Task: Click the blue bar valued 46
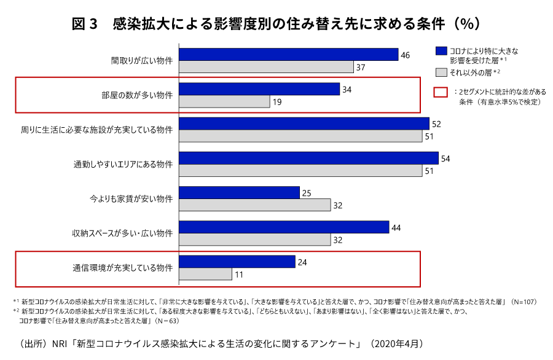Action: click(x=288, y=55)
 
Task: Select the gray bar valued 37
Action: click(x=266, y=67)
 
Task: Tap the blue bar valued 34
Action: click(x=259, y=89)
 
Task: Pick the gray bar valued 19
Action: click(x=224, y=101)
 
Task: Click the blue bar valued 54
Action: click(x=308, y=158)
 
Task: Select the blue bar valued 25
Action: click(x=239, y=193)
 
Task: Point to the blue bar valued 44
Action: click(x=284, y=227)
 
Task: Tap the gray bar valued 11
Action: click(x=205, y=274)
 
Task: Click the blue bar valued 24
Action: click(x=237, y=262)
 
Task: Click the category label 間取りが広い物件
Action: click(x=141, y=61)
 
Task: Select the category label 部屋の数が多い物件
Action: click(x=137, y=95)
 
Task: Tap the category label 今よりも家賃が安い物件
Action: click(x=131, y=199)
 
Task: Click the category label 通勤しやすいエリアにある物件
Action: click(x=123, y=165)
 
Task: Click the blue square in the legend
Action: click(x=440, y=50)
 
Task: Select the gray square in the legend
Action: click(x=440, y=72)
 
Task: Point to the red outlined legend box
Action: click(x=440, y=92)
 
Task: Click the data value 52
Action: click(x=436, y=124)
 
